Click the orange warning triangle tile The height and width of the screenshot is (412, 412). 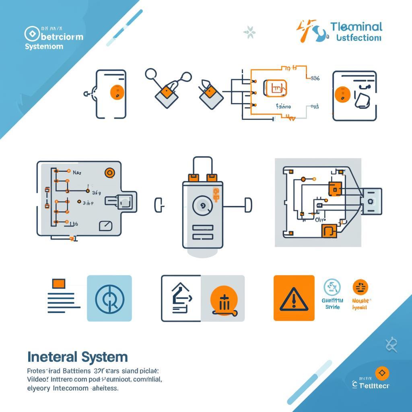tap(294, 298)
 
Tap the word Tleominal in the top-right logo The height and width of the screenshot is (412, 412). tap(356, 27)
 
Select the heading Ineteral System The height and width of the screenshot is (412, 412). tap(77, 356)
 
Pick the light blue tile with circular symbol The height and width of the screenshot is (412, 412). tap(109, 298)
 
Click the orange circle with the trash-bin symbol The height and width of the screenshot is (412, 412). tap(224, 301)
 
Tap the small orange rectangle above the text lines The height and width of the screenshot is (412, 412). tap(59, 283)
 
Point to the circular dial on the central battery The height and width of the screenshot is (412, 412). tap(202, 206)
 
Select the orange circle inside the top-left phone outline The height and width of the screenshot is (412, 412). tap(117, 92)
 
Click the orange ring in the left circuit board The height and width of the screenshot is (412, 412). tap(109, 173)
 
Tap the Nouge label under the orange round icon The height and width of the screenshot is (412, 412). tap(362, 301)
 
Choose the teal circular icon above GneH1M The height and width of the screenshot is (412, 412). tap(332, 287)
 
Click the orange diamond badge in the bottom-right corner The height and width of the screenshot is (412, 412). tap(382, 373)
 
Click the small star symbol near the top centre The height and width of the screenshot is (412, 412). tap(249, 33)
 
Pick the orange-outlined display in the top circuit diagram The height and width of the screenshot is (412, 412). tap(275, 88)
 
